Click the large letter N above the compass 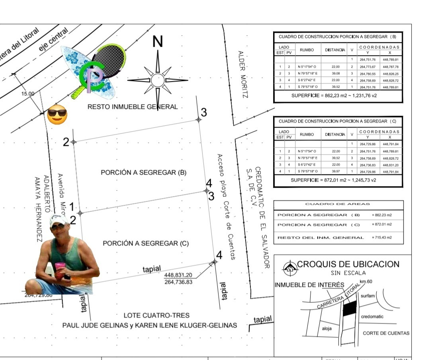click(158, 41)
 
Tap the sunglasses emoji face click(57, 115)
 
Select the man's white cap click(58, 220)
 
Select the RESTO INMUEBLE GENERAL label click(133, 107)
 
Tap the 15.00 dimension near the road click(28, 94)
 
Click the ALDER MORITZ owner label click(242, 74)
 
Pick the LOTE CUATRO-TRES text click(151, 315)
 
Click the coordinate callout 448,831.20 click(178, 275)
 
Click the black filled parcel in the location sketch click(350, 309)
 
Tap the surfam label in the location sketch click(367, 296)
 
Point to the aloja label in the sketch click(327, 329)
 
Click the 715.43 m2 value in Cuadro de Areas click(381, 237)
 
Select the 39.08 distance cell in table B click(336, 74)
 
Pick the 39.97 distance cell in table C click(336, 171)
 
